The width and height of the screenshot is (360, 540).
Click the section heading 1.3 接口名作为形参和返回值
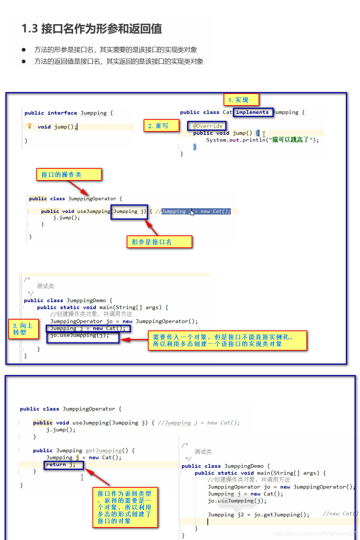[92, 28]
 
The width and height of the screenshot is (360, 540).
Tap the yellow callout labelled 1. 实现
[241, 100]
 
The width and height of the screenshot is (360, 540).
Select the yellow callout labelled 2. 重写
[161, 126]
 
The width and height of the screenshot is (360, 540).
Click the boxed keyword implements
[253, 112]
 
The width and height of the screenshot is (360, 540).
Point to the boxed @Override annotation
[207, 126]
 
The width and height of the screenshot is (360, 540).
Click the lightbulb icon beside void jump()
[30, 126]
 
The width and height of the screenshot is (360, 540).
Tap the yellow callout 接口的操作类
[69, 175]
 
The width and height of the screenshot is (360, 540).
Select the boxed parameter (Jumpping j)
[129, 212]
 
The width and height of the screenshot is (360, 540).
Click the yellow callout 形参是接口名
[159, 242]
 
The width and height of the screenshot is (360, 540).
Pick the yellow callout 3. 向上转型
[23, 329]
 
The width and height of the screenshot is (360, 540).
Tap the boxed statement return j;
[63, 465]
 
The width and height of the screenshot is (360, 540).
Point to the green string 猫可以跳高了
[290, 140]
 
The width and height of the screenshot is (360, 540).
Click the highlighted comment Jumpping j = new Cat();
[196, 211]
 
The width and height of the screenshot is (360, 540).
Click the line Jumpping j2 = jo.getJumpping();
[258, 514]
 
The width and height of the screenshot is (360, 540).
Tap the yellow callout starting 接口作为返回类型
[125, 507]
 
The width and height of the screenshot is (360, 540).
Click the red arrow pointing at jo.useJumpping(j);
[134, 339]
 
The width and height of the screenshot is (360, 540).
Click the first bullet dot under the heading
[24, 50]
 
